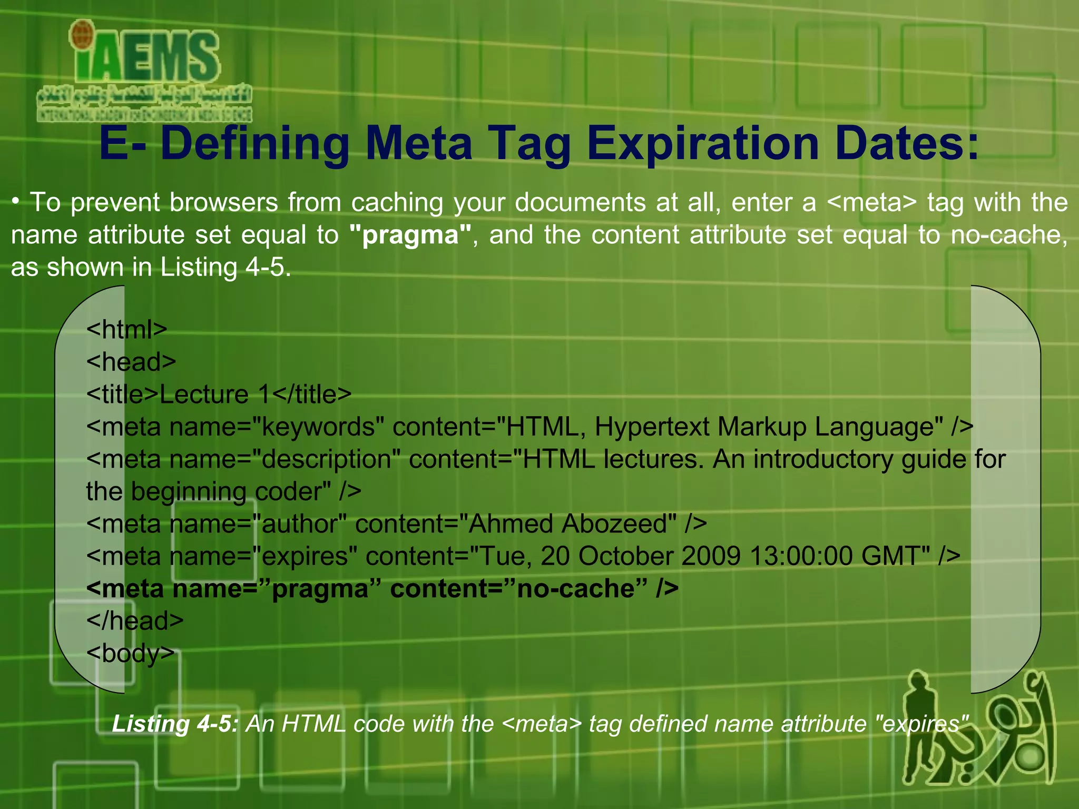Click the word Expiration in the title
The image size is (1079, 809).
703,143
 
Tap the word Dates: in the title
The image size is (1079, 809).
906,143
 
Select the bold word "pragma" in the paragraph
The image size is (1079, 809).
410,235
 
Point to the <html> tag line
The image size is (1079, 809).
126,330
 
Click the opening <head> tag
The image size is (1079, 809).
131,362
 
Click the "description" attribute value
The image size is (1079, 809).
326,459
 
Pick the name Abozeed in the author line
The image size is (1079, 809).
619,524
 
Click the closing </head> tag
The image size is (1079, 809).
135,621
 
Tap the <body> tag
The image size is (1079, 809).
130,654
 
